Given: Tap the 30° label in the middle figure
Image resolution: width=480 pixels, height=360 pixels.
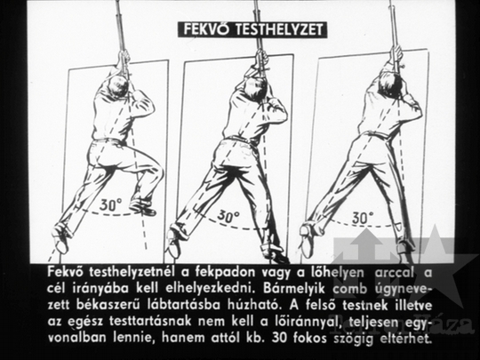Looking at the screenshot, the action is pyautogui.click(x=228, y=217).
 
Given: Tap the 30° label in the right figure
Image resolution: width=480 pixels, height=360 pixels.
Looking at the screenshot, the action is pyautogui.click(x=363, y=218).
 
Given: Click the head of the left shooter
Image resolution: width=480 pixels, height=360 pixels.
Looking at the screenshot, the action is pyautogui.click(x=118, y=86).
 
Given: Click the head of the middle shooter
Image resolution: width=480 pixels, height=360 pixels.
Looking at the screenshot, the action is pyautogui.click(x=256, y=89).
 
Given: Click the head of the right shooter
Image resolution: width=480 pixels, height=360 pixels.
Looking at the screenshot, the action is pyautogui.click(x=389, y=83).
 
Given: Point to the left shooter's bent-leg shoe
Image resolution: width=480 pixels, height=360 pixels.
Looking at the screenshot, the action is pyautogui.click(x=142, y=206).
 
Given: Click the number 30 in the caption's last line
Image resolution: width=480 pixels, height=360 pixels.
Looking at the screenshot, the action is pyautogui.click(x=279, y=338).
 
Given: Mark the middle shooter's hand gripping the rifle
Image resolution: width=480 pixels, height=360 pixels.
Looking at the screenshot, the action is pyautogui.click(x=261, y=58).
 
